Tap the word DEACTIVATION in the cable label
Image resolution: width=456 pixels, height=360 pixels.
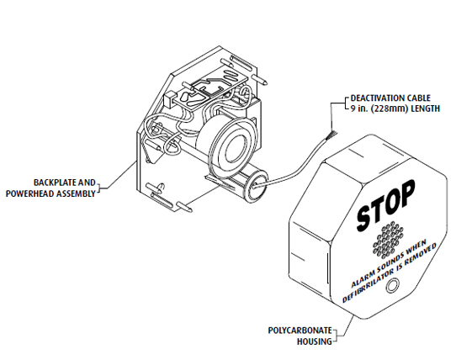[373, 98]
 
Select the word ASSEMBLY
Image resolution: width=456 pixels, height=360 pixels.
[76, 193]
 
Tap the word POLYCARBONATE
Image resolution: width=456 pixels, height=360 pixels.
[300, 331]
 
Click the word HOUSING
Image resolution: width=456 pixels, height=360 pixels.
[315, 341]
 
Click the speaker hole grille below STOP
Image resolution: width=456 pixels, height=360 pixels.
[388, 241]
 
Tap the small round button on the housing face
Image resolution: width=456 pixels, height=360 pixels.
[392, 286]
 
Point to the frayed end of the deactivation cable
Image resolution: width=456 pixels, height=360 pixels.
[331, 135]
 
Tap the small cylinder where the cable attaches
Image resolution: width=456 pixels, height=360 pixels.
[256, 187]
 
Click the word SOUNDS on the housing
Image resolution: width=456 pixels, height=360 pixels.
[389, 262]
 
